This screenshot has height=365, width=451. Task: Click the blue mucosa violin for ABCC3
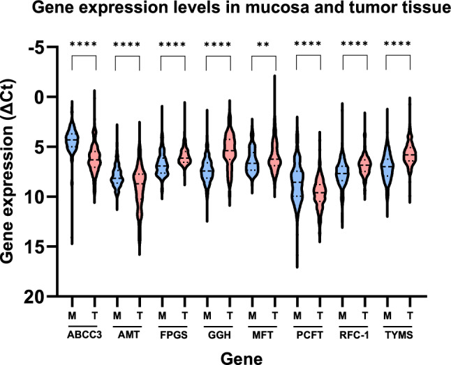[x=72, y=141]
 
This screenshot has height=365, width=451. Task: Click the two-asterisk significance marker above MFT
[x=263, y=45]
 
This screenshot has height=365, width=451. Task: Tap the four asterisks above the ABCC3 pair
[x=83, y=45]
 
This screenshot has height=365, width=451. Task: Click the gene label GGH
[x=219, y=335]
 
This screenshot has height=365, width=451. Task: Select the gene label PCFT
[x=310, y=335]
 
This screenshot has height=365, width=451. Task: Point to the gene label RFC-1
[x=354, y=335]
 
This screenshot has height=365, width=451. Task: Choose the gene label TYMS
[x=399, y=335]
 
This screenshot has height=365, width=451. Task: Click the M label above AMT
[x=117, y=316]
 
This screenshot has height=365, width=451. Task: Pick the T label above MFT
[x=275, y=316]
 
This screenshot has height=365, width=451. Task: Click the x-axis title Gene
[x=242, y=359]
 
